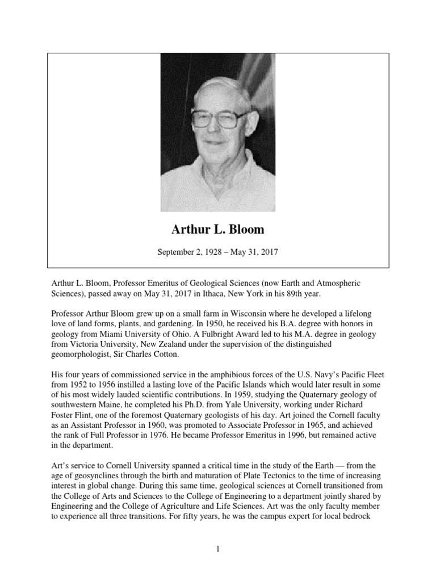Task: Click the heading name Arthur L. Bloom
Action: tap(217, 229)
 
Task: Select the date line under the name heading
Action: tap(217, 251)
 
